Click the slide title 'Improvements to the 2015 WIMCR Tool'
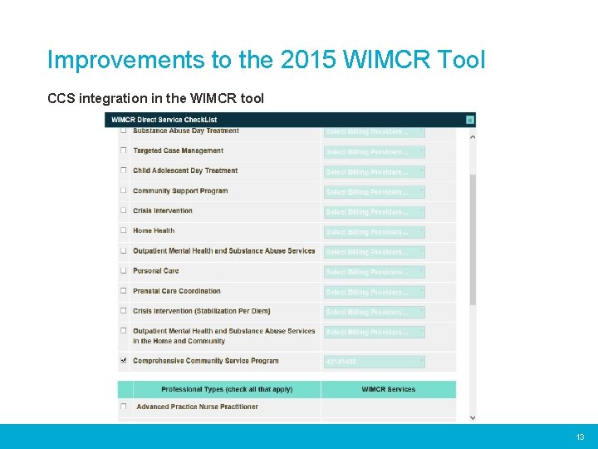tap(266, 61)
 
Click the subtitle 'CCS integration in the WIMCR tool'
tap(155, 99)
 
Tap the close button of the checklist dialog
tap(470, 120)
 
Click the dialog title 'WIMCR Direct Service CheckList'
tap(164, 120)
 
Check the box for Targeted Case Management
tap(124, 151)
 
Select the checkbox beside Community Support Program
tap(124, 191)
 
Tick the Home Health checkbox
tap(124, 231)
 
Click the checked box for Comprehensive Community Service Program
tap(124, 361)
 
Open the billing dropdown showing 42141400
tap(374, 362)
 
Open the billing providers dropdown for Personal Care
tap(374, 272)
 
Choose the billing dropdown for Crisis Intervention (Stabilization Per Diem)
tap(374, 312)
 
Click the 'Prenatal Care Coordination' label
tap(177, 291)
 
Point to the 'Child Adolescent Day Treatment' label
tap(185, 170)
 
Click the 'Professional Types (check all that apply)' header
tap(227, 389)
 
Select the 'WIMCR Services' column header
tap(388, 389)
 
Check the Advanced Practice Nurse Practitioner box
tap(124, 407)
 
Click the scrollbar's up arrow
tap(473, 136)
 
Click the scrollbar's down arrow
tap(473, 417)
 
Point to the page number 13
tap(580, 437)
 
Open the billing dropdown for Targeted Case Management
tap(374, 152)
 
